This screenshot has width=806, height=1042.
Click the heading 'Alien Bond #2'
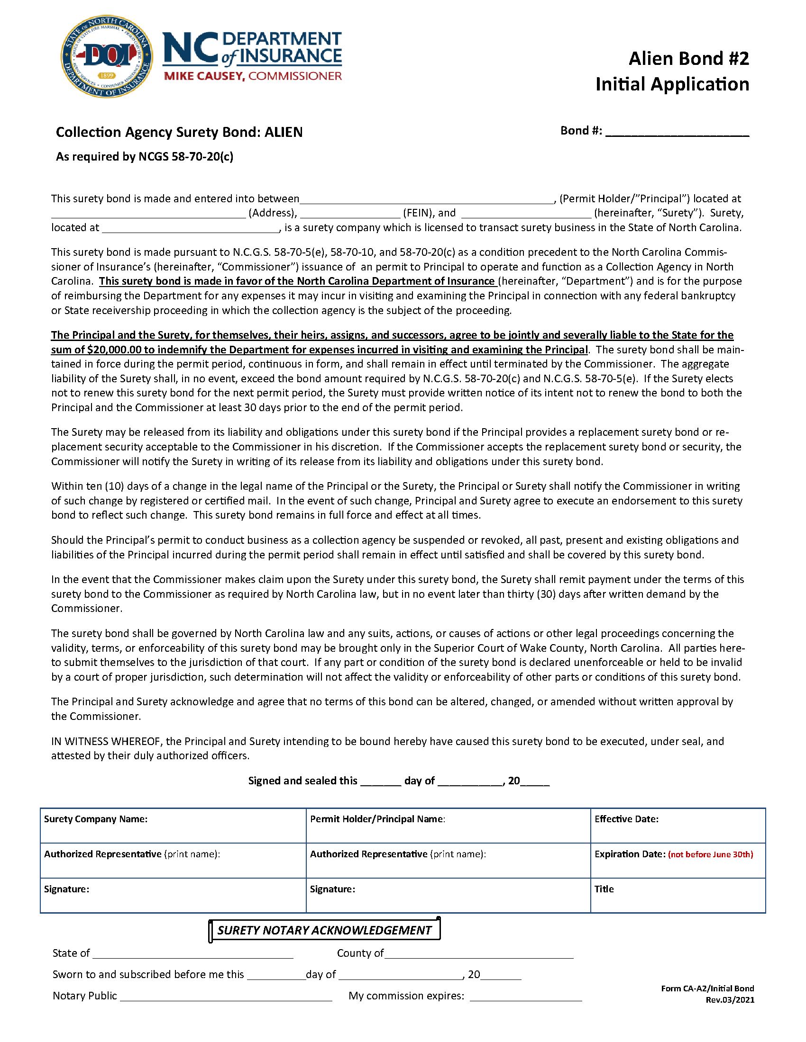tap(688, 59)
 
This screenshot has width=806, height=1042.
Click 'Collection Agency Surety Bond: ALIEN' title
tap(179, 132)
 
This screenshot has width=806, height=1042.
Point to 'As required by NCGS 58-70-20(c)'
tap(145, 156)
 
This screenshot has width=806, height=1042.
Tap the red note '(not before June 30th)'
tap(710, 854)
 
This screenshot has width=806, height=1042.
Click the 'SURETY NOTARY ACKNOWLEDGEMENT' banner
tap(324, 930)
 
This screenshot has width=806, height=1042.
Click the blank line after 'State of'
tap(193, 954)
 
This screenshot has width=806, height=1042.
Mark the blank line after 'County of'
tap(478, 954)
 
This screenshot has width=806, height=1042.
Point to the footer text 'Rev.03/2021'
tap(730, 1000)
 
